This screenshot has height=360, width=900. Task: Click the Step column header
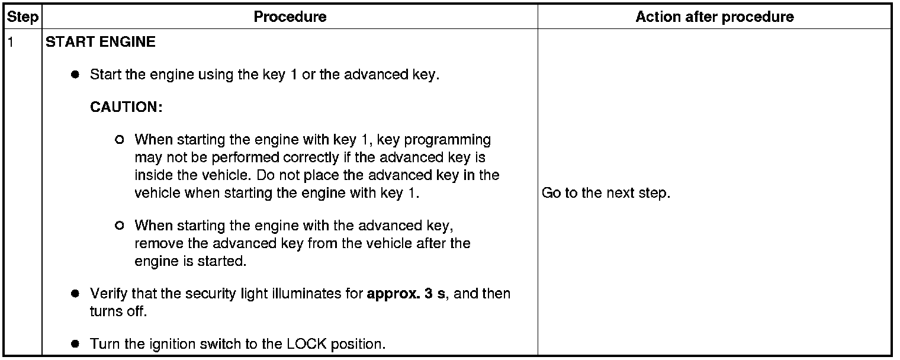pyautogui.click(x=22, y=17)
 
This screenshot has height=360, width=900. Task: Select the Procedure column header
pyautogui.click(x=290, y=17)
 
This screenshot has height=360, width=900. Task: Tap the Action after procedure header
pyautogui.click(x=715, y=17)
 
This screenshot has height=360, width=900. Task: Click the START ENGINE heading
pyautogui.click(x=101, y=43)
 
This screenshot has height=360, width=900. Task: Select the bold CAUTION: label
pyautogui.click(x=126, y=108)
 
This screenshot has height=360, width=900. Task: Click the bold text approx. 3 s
pyautogui.click(x=406, y=294)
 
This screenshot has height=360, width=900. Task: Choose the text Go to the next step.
pyautogui.click(x=606, y=194)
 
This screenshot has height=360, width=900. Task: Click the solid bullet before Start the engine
pyautogui.click(x=75, y=76)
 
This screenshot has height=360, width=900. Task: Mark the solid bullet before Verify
pyautogui.click(x=75, y=294)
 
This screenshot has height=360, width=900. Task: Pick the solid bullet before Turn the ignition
pyautogui.click(x=75, y=344)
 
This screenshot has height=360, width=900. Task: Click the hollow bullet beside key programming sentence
pyautogui.click(x=120, y=140)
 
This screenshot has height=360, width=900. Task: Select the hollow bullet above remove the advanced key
pyautogui.click(x=120, y=226)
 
